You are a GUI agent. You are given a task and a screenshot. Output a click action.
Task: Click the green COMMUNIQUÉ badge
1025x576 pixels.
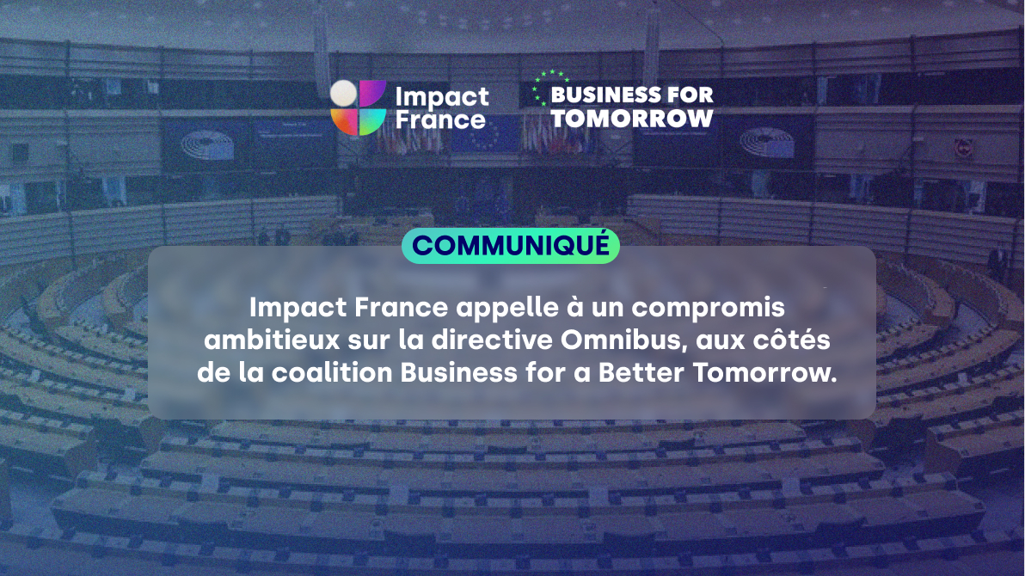coord(510,245)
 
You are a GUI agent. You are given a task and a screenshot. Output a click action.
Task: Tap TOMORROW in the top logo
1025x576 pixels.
coord(632,118)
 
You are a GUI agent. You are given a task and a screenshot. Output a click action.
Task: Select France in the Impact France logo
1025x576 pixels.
coord(440,119)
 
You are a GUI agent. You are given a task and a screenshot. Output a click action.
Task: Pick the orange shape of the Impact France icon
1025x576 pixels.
coord(343,121)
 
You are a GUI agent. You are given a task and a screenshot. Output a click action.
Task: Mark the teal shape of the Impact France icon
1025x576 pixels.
coord(372,121)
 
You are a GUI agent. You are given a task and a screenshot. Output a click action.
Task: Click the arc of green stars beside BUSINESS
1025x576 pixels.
coord(542,86)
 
